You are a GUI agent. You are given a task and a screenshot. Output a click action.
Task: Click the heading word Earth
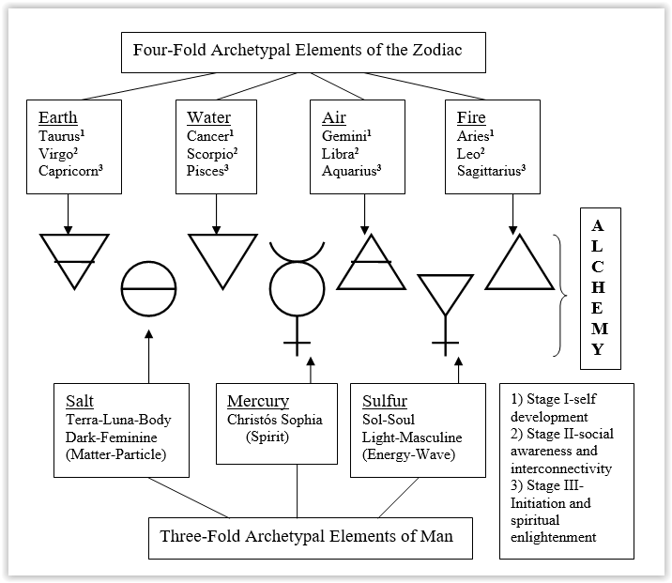point(58,117)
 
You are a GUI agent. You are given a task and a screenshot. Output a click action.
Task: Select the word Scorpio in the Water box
point(211,153)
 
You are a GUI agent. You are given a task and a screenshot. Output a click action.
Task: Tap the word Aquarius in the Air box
point(350,171)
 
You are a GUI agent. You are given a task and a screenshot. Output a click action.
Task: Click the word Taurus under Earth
point(61,135)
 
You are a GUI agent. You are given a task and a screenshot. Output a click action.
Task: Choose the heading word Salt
point(74,397)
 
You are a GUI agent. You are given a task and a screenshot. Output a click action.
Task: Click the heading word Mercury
point(258,401)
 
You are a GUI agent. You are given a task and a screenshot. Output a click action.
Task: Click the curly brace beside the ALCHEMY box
point(564,295)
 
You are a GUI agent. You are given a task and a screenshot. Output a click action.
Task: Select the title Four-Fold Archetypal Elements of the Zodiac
point(303,52)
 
